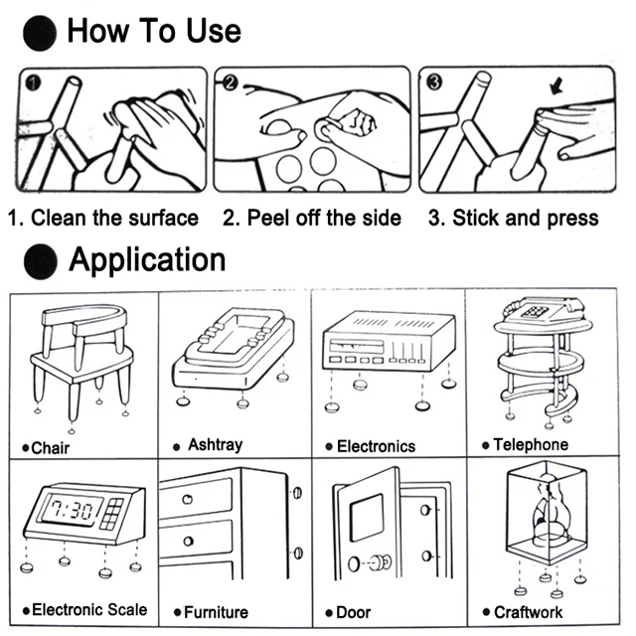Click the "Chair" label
(x=49, y=448)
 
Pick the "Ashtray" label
(x=214, y=445)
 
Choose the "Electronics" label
(x=375, y=446)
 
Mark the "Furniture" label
(x=215, y=612)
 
